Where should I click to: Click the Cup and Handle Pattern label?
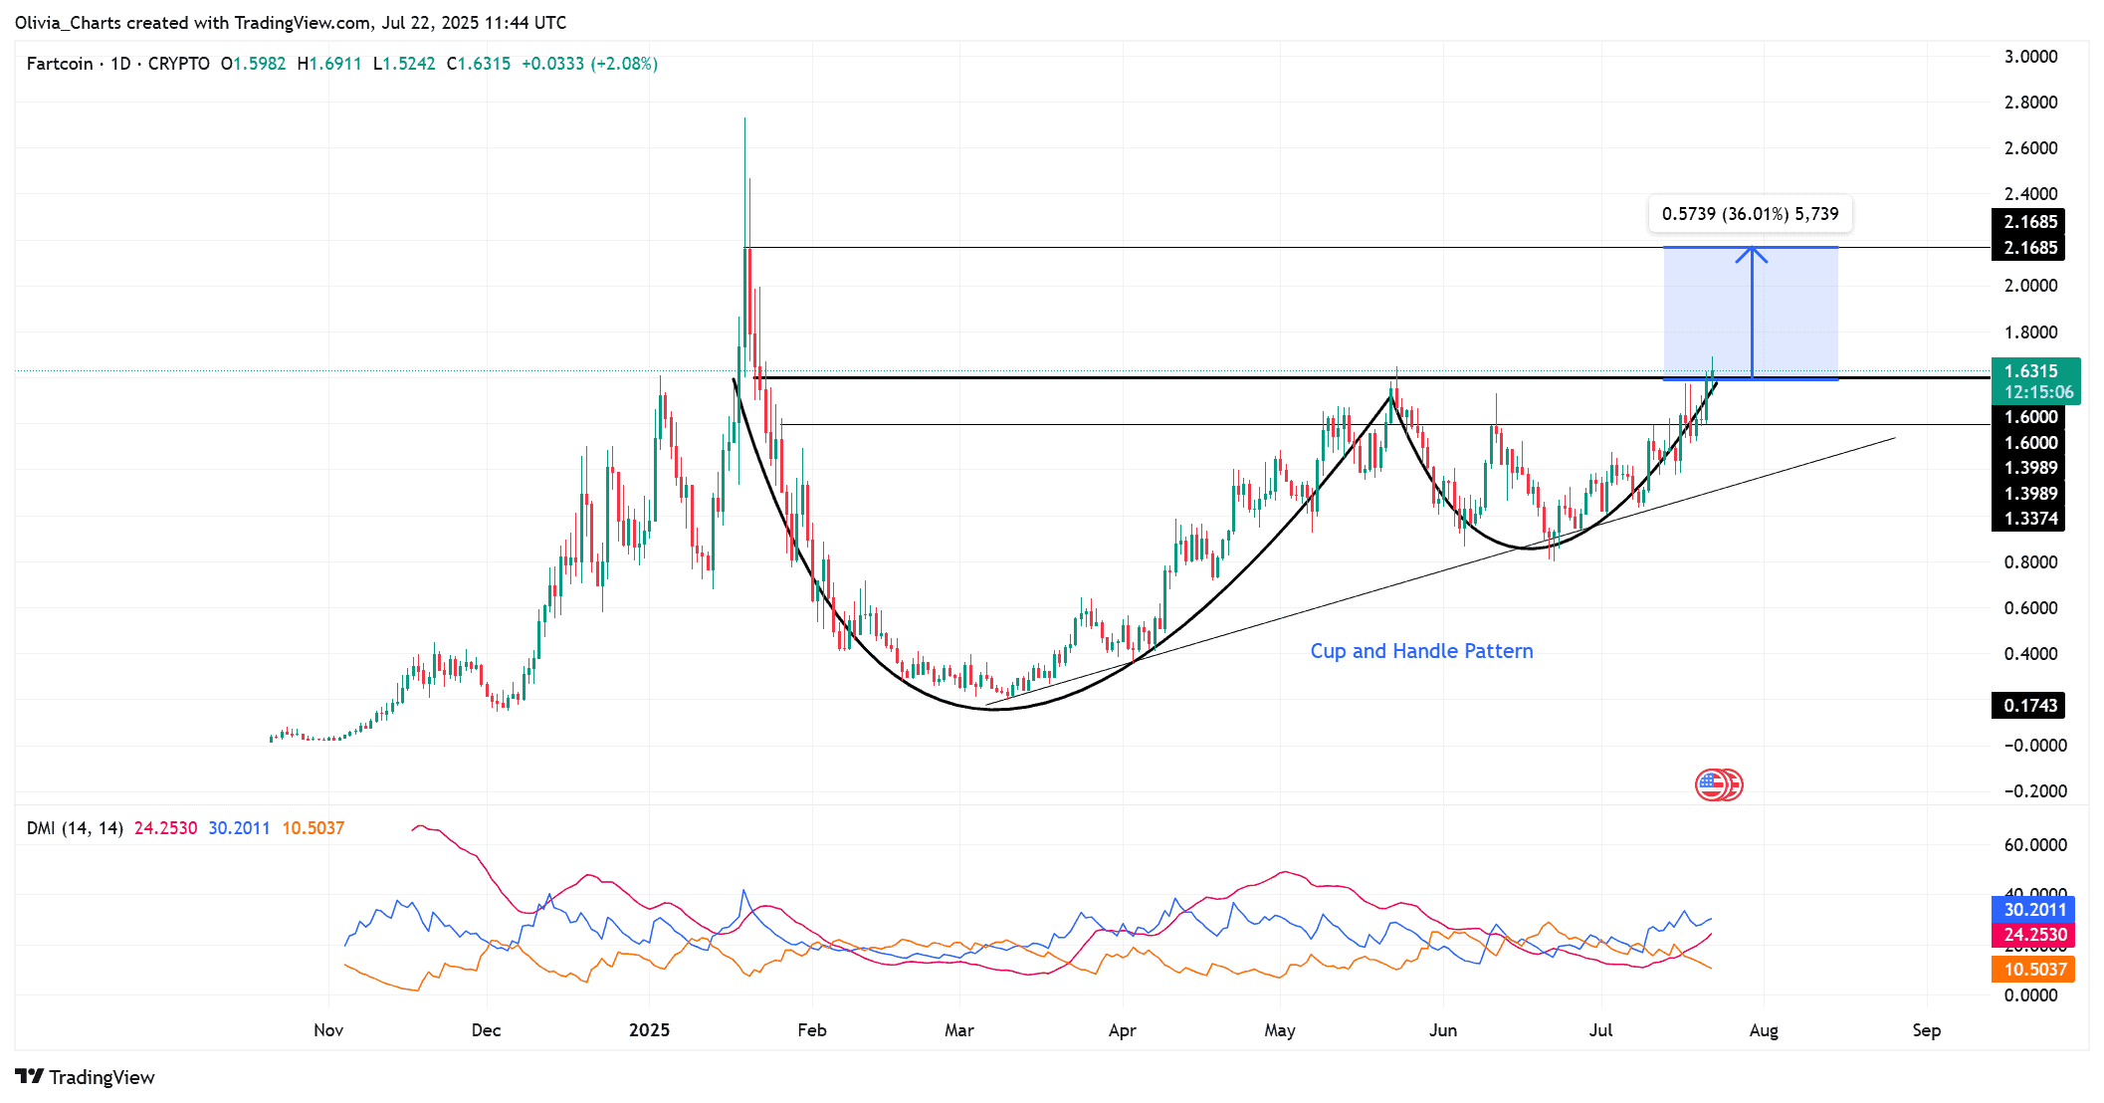click(1421, 651)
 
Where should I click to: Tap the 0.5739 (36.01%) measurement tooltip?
click(1750, 214)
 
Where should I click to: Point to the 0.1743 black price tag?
click(2028, 706)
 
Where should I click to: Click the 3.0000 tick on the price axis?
click(2030, 57)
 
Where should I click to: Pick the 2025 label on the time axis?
click(649, 1030)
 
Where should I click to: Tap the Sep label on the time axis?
click(1926, 1030)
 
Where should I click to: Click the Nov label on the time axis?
click(328, 1030)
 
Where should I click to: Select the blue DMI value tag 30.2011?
click(2033, 910)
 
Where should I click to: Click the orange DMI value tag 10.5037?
click(2033, 970)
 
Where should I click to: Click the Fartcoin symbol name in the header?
click(60, 64)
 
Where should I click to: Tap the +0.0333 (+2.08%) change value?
click(589, 64)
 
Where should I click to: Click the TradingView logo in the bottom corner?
click(86, 1077)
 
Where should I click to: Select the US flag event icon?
click(1711, 785)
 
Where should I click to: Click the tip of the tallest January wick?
click(744, 118)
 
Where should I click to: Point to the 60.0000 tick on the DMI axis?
click(2034, 845)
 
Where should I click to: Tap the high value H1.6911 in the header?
click(329, 64)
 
